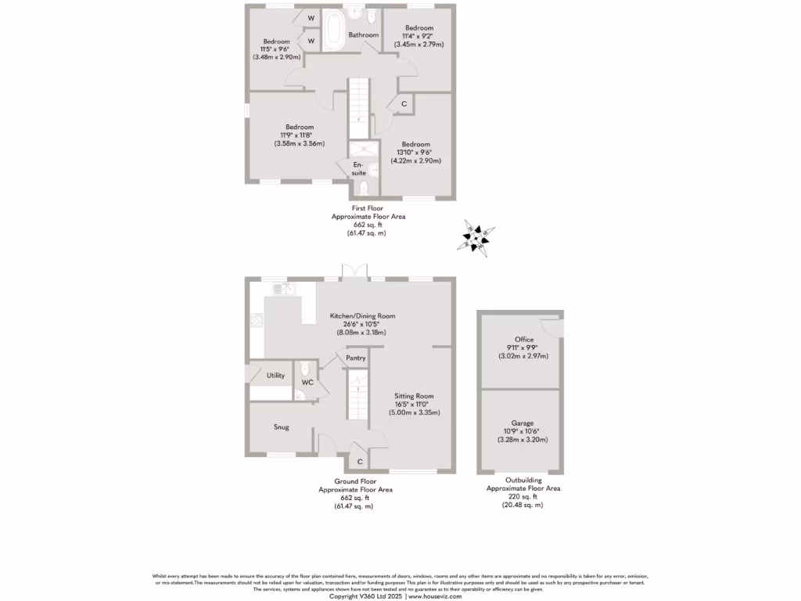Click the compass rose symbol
pos(477,237)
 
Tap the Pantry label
pos(356,358)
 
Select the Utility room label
pos(275,376)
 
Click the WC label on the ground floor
pos(307,383)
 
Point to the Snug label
pos(282,427)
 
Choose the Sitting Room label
pos(414,396)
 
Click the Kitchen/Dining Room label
pos(363,316)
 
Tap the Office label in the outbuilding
pos(524,340)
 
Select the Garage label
pos(524,423)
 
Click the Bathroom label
pos(364,35)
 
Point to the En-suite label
pos(359,168)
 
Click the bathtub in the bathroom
pos(334,30)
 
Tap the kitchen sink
pos(282,289)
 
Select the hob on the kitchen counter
pos(256,318)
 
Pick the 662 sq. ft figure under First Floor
pos(367,225)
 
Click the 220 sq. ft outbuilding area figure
pos(523,496)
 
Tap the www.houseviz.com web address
pos(434,596)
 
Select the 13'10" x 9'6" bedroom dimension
pos(416,153)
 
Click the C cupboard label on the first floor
pos(404,104)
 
